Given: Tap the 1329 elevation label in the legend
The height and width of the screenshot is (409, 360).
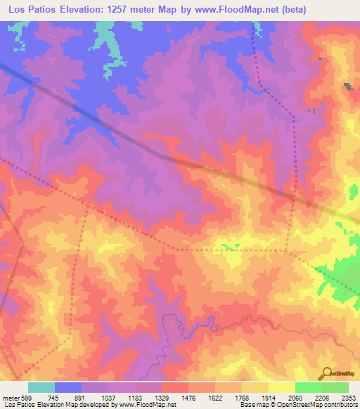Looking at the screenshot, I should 160,398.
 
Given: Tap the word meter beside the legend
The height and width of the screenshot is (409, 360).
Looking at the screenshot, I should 8,398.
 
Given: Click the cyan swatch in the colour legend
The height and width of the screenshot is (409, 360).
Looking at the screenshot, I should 41,387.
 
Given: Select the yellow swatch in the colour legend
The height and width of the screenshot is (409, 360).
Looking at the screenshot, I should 282,387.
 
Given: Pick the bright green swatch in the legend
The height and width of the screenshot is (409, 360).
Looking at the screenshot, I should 309,387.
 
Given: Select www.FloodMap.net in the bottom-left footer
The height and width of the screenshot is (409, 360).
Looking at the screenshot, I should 147,405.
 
